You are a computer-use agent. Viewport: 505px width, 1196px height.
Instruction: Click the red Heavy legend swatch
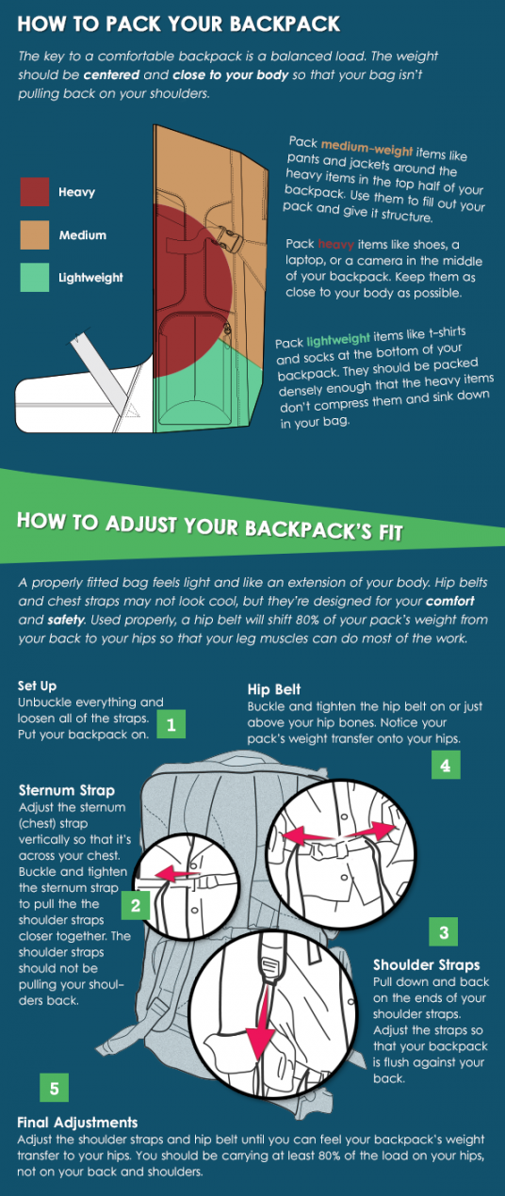pos(34,192)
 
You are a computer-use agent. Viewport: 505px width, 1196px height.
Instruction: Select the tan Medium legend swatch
pos(34,234)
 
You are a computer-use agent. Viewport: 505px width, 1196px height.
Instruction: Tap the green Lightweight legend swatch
pos(34,277)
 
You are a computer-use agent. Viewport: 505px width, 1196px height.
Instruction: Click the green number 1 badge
pos(171,724)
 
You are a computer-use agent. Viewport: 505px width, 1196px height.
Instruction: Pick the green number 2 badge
pos(136,905)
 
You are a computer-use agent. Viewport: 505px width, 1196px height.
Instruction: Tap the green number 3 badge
pos(444,932)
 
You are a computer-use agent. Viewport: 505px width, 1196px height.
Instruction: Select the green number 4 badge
pos(446,765)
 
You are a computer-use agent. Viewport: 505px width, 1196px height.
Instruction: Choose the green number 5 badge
pos(54,1088)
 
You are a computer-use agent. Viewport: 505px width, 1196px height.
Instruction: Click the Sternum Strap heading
pos(67,790)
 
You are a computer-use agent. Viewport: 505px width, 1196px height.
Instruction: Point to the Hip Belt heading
pos(274,689)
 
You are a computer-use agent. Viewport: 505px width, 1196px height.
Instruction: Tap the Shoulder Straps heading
pos(427,965)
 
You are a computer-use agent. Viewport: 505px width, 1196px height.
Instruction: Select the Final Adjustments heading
pos(77,1123)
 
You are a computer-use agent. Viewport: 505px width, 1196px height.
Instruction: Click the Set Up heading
pos(37,687)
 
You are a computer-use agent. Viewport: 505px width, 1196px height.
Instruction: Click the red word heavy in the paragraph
pos(335,244)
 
